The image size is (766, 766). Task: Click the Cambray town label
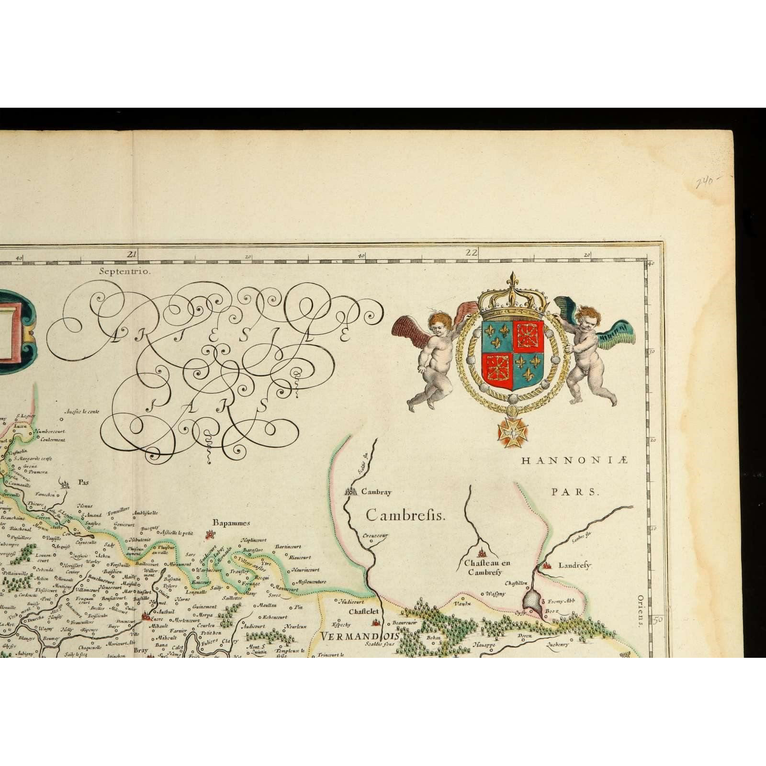point(376,491)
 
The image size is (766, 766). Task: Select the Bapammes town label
point(231,523)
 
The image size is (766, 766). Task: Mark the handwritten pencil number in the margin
point(708,182)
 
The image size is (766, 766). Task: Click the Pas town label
point(85,483)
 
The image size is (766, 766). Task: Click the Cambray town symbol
point(351,491)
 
